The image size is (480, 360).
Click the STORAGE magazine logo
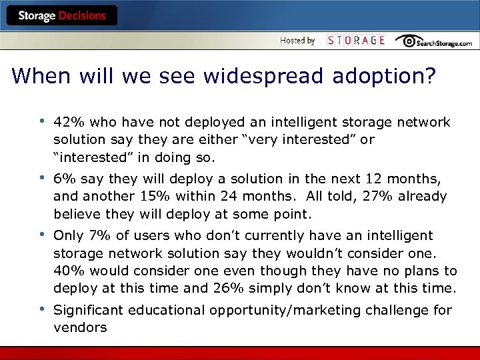[x=356, y=41]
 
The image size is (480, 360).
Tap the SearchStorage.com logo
[x=433, y=41]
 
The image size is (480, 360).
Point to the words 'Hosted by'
[x=297, y=41]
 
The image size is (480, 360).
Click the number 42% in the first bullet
[x=67, y=123]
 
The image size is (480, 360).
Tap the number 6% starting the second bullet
[x=63, y=179]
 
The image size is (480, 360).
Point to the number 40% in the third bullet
[x=67, y=271]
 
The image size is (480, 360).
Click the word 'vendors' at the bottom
[x=80, y=328]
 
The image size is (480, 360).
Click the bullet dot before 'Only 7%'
[x=41, y=235]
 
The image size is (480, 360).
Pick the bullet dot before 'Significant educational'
[x=41, y=309]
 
